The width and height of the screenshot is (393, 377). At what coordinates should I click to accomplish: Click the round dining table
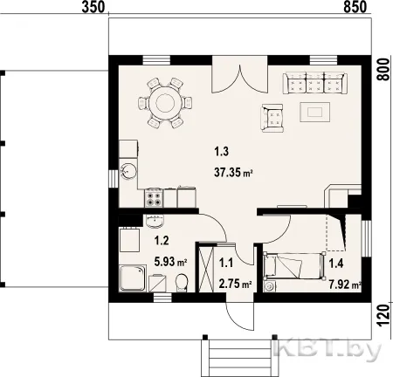click(165, 102)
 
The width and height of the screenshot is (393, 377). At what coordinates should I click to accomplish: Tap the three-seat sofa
click(315, 83)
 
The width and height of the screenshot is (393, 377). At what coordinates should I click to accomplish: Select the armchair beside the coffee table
click(272, 118)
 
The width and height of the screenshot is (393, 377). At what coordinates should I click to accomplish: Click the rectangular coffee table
click(315, 112)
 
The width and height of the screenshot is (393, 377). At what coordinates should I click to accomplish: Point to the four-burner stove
click(154, 198)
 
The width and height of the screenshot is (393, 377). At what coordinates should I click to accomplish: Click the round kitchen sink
click(128, 171)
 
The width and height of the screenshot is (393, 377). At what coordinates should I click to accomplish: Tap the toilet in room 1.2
click(182, 282)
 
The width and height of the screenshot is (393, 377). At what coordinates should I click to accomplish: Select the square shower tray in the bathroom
click(133, 278)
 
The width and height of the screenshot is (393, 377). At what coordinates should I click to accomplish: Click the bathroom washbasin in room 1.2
click(155, 222)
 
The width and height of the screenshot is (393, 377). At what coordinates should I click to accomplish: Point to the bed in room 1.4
click(294, 266)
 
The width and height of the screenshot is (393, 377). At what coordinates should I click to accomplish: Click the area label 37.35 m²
click(233, 173)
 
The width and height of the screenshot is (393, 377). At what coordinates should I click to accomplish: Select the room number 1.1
click(226, 264)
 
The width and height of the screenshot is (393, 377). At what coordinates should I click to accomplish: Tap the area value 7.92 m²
click(345, 284)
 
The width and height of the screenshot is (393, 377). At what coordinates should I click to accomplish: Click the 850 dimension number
click(355, 7)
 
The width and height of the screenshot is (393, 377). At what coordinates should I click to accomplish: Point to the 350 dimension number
click(93, 7)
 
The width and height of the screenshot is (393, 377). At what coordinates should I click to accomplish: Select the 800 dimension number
click(383, 70)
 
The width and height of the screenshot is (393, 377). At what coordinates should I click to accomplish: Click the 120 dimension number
click(384, 316)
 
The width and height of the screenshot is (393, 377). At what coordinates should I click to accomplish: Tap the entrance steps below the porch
click(240, 358)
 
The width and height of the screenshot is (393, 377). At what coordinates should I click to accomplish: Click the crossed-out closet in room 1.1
click(206, 268)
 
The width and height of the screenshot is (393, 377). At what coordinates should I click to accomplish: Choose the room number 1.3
click(222, 152)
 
